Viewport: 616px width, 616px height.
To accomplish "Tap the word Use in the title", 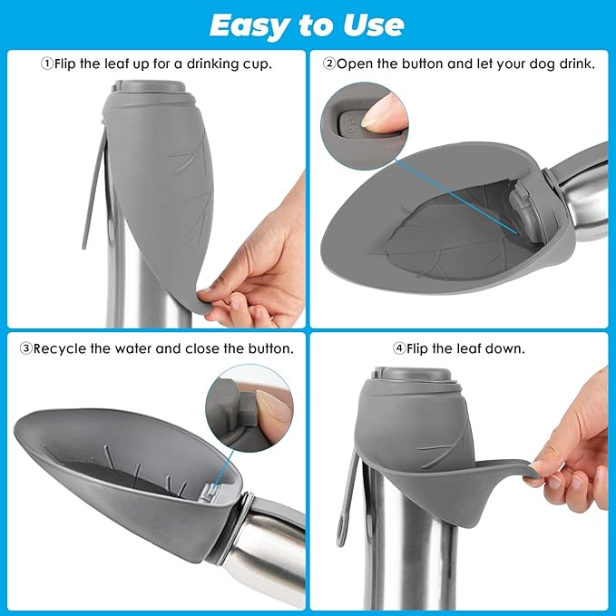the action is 373,25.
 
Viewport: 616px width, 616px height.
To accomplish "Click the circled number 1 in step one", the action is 47,64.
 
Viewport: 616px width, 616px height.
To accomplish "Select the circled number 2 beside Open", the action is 329,64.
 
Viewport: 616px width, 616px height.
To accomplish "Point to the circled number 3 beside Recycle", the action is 26,348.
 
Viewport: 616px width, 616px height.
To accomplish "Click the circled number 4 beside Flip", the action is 399,348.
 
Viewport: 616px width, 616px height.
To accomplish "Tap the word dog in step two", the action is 543,64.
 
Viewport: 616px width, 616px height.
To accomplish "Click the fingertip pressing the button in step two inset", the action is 377,113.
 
